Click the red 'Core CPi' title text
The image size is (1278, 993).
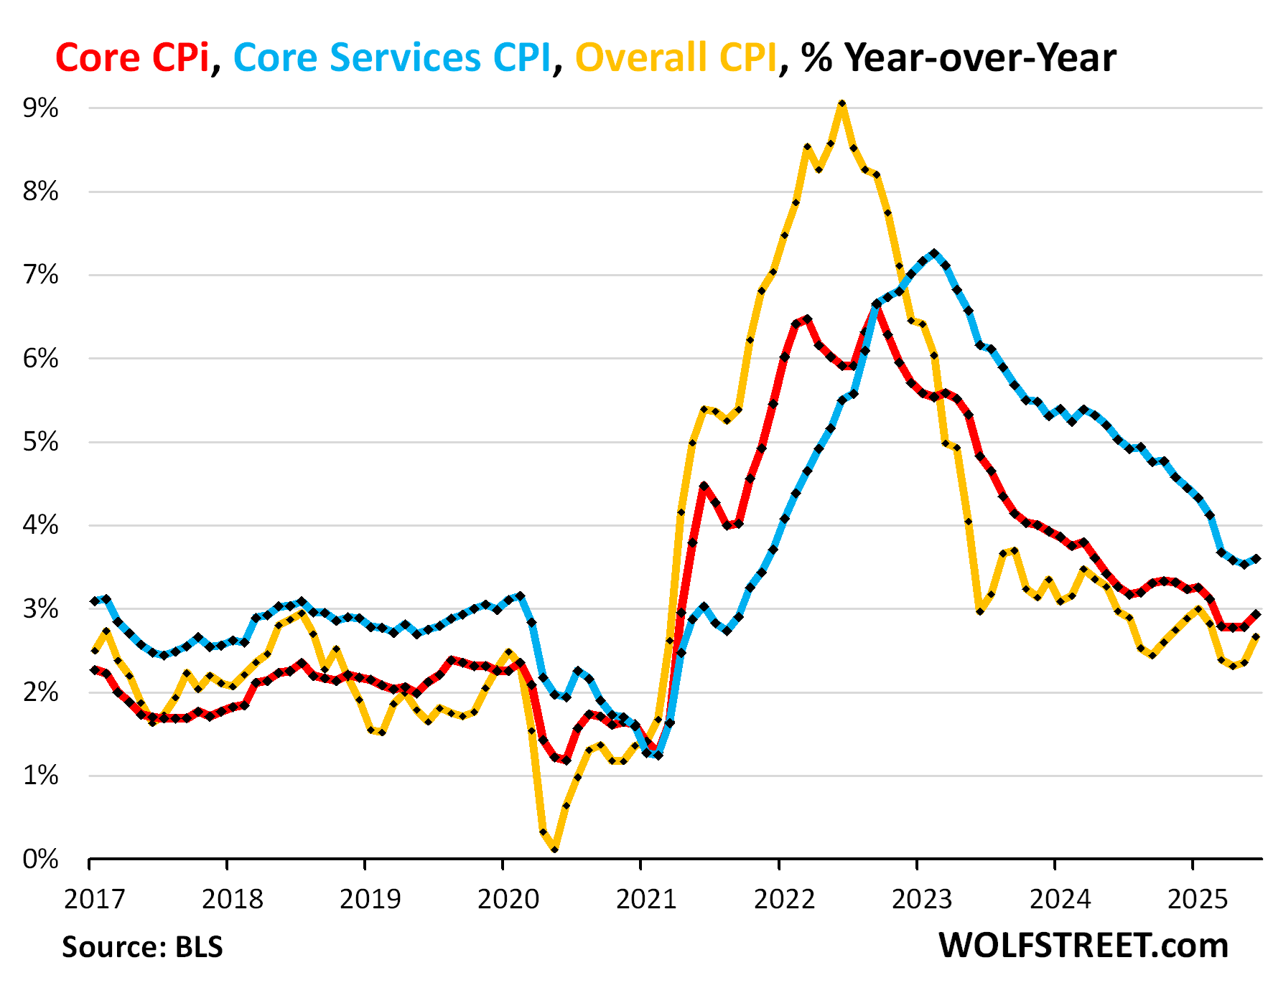coord(132,57)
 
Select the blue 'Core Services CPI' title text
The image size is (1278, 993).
coord(391,57)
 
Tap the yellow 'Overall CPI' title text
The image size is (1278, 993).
coord(676,57)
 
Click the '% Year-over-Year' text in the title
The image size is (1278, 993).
coord(958,57)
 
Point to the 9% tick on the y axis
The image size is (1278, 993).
coord(41,108)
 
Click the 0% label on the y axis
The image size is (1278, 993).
coord(41,859)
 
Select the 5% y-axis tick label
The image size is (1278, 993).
coord(41,442)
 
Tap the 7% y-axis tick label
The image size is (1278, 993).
coord(41,275)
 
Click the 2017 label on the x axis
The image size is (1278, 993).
coord(94,898)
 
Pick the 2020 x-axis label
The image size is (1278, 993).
coord(508,898)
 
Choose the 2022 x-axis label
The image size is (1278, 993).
coord(784,898)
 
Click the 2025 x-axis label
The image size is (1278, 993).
coord(1198,898)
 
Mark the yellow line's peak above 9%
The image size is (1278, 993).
coord(841,104)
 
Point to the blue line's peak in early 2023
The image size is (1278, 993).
coord(933,253)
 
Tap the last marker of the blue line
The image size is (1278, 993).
coord(1256,558)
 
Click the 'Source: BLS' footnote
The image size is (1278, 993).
coord(142,947)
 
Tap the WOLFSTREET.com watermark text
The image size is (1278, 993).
coord(1083,946)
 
